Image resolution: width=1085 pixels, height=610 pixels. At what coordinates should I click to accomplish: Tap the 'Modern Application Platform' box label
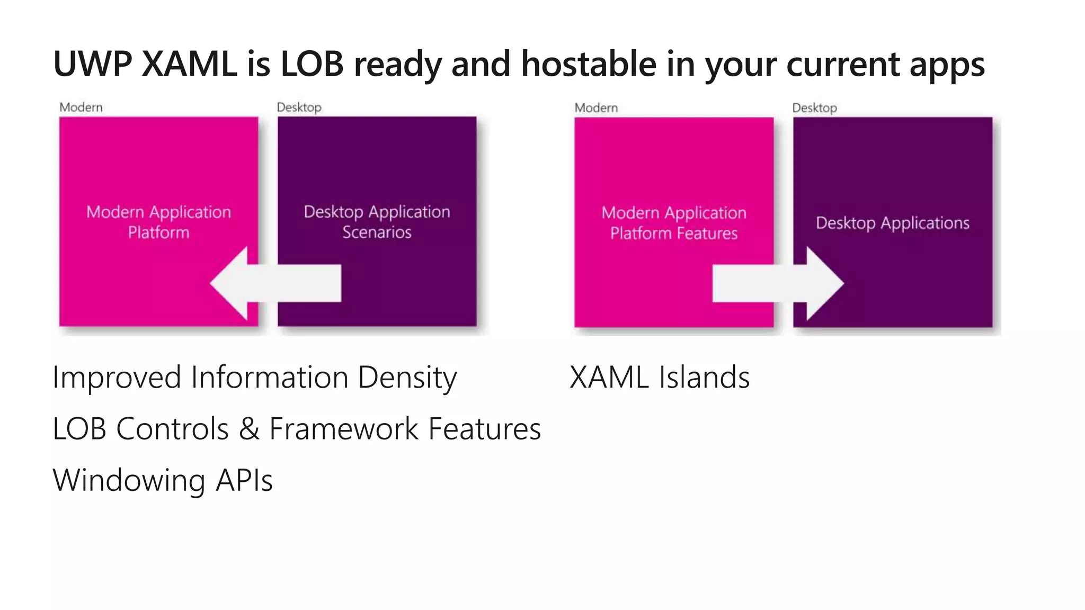point(158,222)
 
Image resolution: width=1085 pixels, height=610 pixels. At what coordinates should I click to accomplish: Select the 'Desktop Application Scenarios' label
point(377,222)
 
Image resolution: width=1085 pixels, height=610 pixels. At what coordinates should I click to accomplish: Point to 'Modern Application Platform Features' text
point(674,223)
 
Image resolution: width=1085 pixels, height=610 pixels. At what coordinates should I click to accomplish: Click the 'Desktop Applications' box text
point(893,223)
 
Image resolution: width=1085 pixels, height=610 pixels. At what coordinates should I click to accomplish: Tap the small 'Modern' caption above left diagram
point(81,107)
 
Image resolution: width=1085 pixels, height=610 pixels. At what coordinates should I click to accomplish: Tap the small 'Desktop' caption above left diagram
point(299,107)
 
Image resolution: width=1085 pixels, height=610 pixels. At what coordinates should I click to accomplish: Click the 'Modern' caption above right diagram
point(596,108)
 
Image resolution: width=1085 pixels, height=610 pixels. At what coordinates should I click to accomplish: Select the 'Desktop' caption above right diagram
point(814,108)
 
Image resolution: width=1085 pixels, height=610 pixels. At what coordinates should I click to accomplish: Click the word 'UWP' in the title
point(93,64)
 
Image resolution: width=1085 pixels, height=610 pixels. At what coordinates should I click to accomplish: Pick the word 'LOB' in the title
point(312,64)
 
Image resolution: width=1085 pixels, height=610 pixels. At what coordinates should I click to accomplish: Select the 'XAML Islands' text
point(660,378)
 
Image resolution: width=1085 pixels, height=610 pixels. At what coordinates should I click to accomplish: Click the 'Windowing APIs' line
point(163,481)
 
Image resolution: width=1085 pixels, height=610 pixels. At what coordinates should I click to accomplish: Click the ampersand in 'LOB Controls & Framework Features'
point(249,429)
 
